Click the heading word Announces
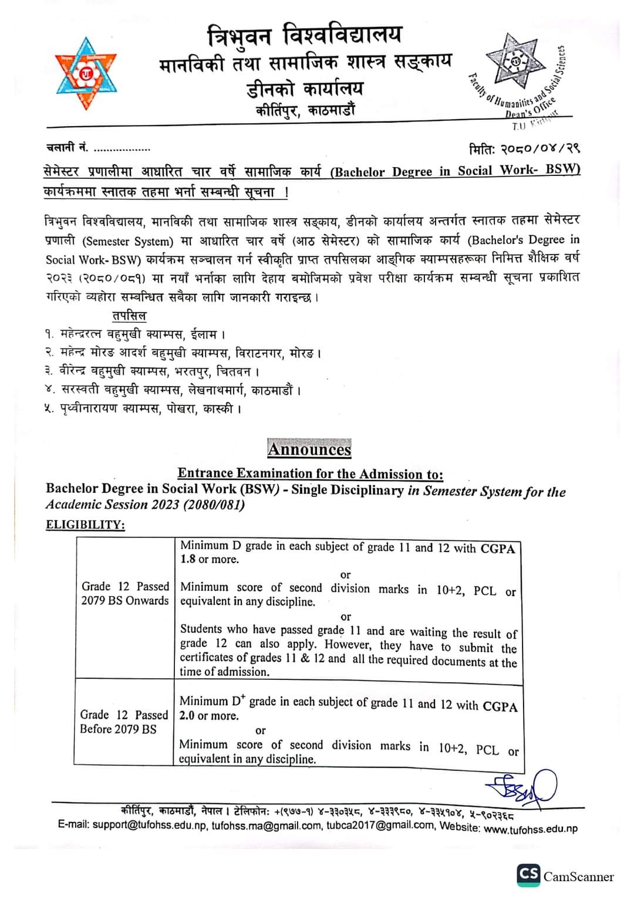click(309, 449)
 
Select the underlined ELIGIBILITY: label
click(86, 524)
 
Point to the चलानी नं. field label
click(67, 148)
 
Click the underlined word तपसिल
click(129, 316)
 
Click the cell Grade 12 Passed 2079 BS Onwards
click(125, 593)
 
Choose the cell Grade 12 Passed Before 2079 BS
click(124, 722)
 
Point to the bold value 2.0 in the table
click(188, 716)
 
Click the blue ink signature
click(521, 786)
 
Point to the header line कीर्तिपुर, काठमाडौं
click(305, 110)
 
